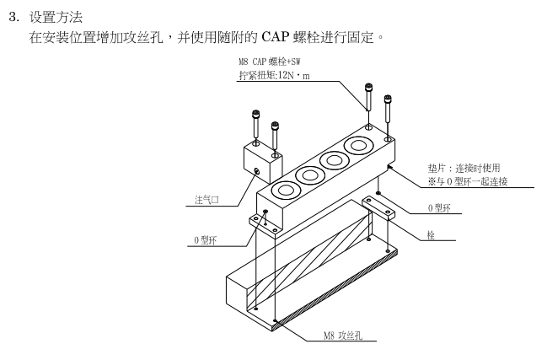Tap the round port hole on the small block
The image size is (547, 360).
coord(256,173)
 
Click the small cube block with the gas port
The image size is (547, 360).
coord(261,164)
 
